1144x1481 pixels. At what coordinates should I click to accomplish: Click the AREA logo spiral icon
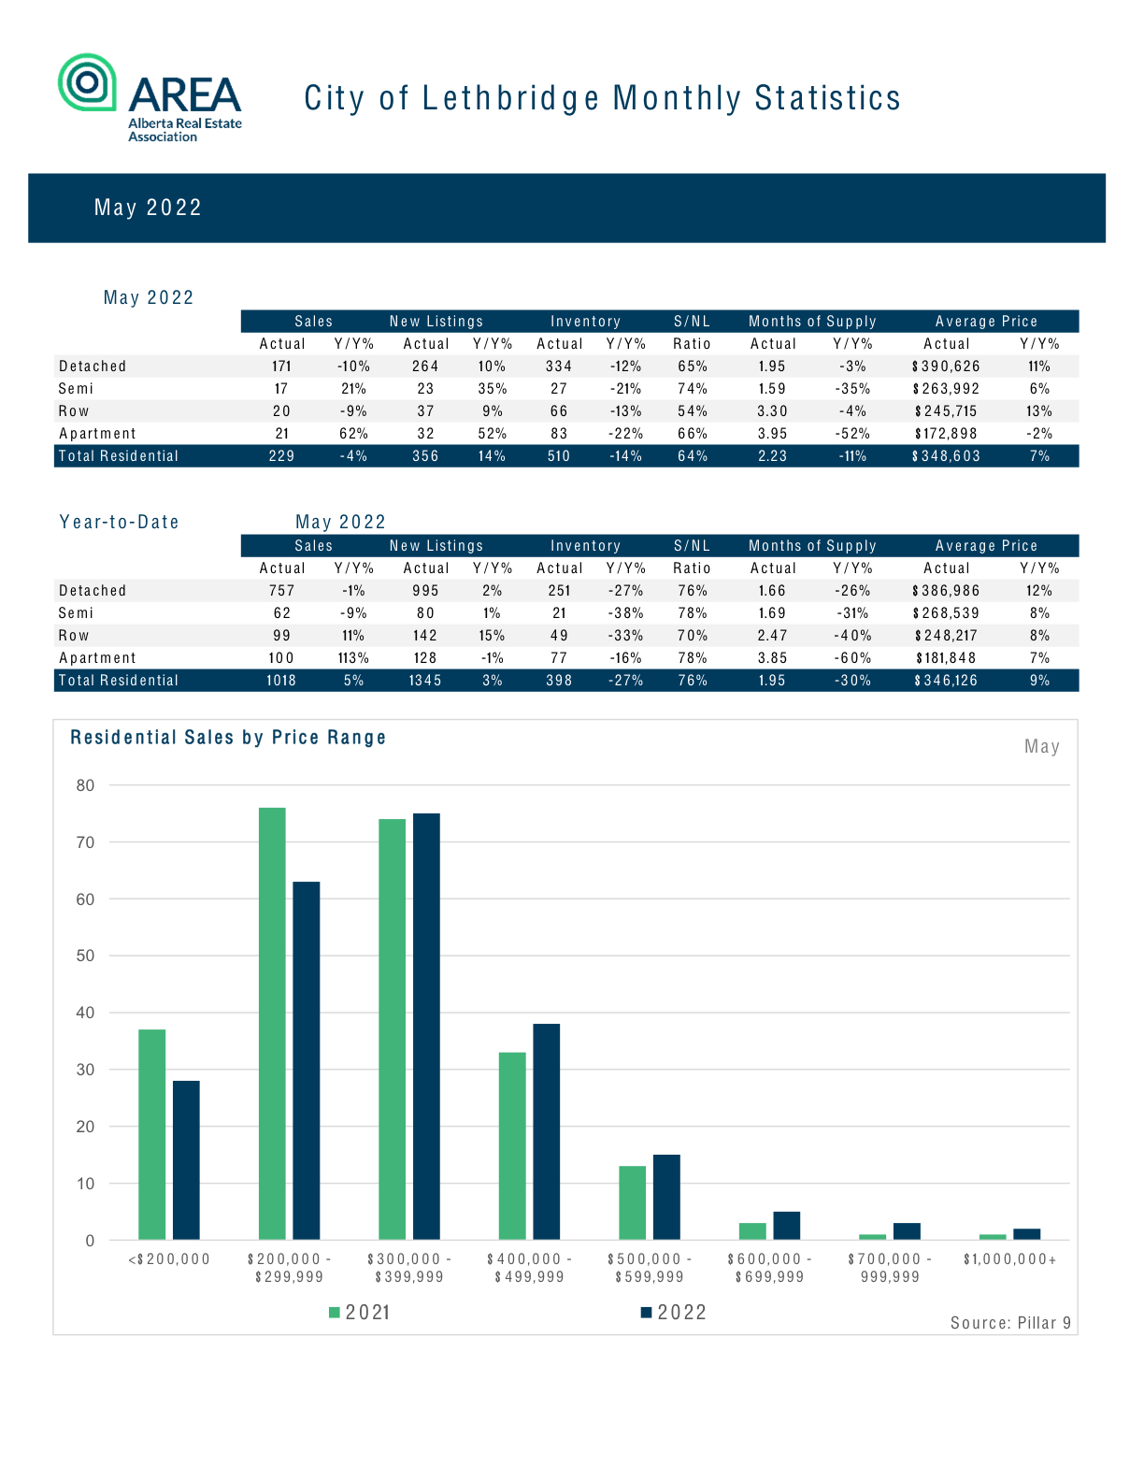(87, 81)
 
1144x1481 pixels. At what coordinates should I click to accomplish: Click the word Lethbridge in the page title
(511, 98)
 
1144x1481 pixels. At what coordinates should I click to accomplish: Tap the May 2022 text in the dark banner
(148, 208)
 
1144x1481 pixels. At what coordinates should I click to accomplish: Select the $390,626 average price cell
(946, 366)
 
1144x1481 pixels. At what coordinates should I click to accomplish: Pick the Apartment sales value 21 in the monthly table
(281, 434)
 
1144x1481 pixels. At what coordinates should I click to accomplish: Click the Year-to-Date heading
(120, 522)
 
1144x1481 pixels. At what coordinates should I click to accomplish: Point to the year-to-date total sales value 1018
(280, 680)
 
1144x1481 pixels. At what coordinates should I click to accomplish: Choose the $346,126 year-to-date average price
(946, 680)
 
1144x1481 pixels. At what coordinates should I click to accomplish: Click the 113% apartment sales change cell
(353, 657)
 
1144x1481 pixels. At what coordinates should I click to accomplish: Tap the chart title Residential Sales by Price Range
(228, 738)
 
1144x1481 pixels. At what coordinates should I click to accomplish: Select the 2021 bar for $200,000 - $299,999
(272, 1024)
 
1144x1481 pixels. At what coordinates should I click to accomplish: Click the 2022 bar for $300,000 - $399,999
(426, 1027)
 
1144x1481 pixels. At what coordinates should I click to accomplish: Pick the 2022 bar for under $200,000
(186, 1160)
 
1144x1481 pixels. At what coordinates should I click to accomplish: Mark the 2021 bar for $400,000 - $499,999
(512, 1146)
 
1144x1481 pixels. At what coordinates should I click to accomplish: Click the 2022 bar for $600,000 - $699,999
(787, 1226)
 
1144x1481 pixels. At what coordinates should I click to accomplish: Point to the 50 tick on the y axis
(85, 956)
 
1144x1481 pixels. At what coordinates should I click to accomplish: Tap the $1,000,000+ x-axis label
(1009, 1259)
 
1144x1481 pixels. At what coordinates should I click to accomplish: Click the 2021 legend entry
(359, 1313)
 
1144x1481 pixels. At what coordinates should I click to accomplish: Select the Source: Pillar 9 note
(1010, 1323)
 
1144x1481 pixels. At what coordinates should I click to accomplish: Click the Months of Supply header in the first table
(812, 321)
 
